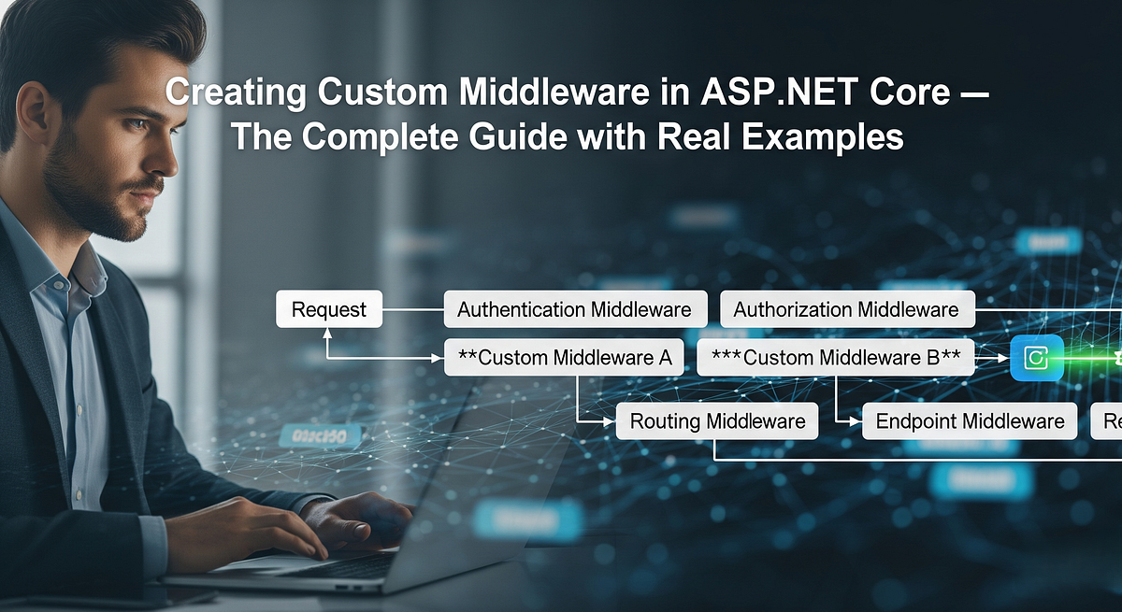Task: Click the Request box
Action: (329, 309)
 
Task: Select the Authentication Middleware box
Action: (574, 309)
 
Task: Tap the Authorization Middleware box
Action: (846, 309)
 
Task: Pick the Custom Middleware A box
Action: (563, 357)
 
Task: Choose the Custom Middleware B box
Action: (836, 357)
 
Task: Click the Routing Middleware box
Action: (717, 421)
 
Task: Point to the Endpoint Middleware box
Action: (970, 421)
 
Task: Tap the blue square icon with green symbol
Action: (1037, 358)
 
